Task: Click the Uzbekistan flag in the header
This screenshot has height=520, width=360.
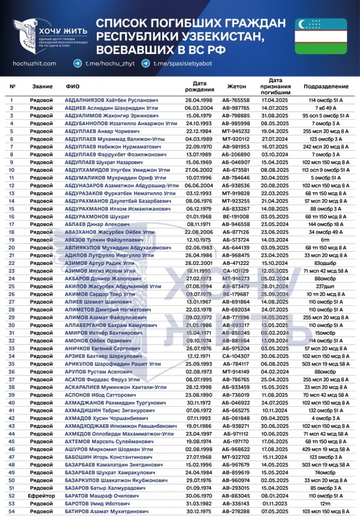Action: [x=320, y=36]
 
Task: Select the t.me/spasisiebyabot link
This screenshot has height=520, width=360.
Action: [x=183, y=64]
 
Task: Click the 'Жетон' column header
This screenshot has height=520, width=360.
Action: [x=236, y=86]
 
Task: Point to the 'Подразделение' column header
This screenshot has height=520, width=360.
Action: [x=326, y=86]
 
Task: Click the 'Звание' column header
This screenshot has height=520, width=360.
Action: [x=42, y=86]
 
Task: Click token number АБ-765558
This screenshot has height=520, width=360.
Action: [x=236, y=100]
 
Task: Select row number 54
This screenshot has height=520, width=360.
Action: [x=12, y=511]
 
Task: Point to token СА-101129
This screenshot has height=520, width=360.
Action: [x=236, y=270]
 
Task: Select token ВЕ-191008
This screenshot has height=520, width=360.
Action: [x=236, y=216]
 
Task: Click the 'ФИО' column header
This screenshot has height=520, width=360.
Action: [x=72, y=86]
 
